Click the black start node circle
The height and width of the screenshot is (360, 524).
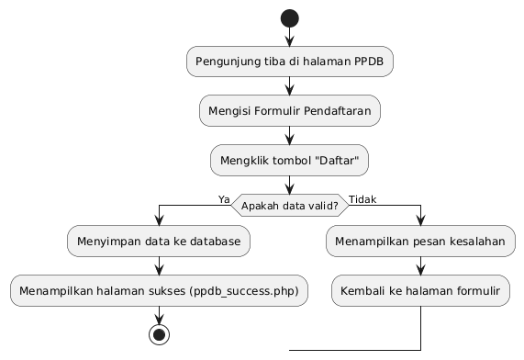[x=289, y=17]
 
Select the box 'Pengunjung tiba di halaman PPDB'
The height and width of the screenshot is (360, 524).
[x=289, y=62]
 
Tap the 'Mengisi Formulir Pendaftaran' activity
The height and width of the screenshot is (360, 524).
[x=289, y=110]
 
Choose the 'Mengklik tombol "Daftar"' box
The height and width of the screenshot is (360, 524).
[x=289, y=159]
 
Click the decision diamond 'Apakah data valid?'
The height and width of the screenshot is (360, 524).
[x=289, y=206]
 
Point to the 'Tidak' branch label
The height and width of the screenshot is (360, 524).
[x=362, y=199]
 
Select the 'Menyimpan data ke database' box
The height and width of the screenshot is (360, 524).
[x=159, y=242]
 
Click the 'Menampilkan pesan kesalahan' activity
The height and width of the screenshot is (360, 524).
[x=420, y=242]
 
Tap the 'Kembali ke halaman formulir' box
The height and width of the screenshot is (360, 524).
[x=420, y=290]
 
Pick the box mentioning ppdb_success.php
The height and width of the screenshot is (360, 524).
[x=159, y=290]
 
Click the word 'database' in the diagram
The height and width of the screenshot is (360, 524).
[x=217, y=242]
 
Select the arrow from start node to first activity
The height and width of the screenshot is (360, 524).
[x=289, y=38]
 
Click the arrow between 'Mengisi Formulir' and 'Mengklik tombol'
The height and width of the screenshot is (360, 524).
[x=289, y=134]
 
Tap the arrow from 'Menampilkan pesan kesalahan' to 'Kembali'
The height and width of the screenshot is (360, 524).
[x=420, y=265]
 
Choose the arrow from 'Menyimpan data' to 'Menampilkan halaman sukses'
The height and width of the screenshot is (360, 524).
[x=159, y=265]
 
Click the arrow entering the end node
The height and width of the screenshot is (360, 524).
[x=159, y=313]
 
